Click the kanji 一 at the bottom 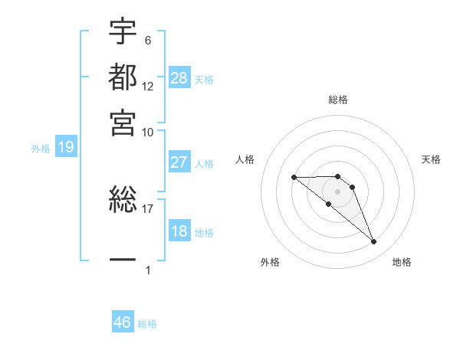[123, 260]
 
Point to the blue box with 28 [179, 78]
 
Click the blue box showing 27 [179, 162]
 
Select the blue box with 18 [179, 231]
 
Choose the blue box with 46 [123, 322]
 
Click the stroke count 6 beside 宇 [147, 40]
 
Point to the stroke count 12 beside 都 [148, 86]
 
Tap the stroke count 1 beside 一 [148, 270]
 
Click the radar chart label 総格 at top [338, 100]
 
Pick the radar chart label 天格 [432, 159]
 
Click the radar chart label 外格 [270, 262]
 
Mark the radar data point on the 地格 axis [373, 242]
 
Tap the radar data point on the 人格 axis [294, 178]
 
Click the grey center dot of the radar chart [337, 191]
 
